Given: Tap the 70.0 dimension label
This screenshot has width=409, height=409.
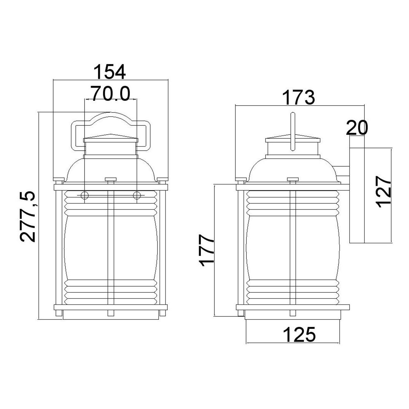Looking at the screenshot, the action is pos(110,93).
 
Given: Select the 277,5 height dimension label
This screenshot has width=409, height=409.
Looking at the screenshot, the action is pos(27,216).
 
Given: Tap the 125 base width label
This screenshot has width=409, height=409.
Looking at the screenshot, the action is pos(300,335).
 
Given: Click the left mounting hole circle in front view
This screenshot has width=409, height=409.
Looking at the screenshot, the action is pos(85,195).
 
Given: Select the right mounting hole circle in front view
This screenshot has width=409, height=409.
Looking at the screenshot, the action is pos(137,195).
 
